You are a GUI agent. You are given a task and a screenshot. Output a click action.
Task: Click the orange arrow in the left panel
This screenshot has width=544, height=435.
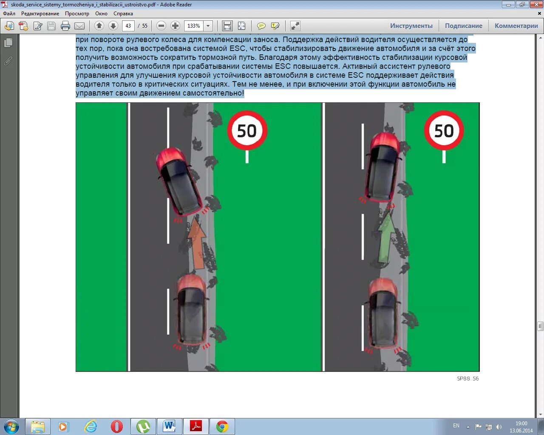coord(196,243)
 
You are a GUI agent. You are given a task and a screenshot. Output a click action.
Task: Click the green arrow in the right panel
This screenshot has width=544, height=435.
coord(386,237)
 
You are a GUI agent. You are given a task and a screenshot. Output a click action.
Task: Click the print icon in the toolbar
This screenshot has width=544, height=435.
coord(65,26)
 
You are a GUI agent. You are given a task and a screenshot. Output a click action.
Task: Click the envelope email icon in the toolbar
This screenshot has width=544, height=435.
coord(79,26)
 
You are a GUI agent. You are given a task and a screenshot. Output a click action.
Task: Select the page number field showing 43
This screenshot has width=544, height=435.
coord(128,26)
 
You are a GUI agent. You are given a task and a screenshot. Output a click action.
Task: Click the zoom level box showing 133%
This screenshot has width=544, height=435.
coord(194,26)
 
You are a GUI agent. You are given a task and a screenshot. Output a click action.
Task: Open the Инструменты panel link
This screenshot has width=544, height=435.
coord(411,26)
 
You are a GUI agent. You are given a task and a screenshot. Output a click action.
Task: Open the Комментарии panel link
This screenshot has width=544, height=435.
coord(516,26)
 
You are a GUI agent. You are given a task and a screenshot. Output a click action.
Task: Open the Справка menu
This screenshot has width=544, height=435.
coord(123,14)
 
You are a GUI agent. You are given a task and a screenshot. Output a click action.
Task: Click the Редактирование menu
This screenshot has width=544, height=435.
coord(40,14)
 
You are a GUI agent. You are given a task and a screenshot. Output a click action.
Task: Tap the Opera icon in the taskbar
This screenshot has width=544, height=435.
coord(116,427)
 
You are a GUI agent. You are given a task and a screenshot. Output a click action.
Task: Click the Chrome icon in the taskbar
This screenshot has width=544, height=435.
coord(222,427)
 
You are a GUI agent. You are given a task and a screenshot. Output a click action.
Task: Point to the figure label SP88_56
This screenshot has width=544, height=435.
coord(467,379)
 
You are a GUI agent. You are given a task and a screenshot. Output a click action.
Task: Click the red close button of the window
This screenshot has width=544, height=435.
coord(536,4)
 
